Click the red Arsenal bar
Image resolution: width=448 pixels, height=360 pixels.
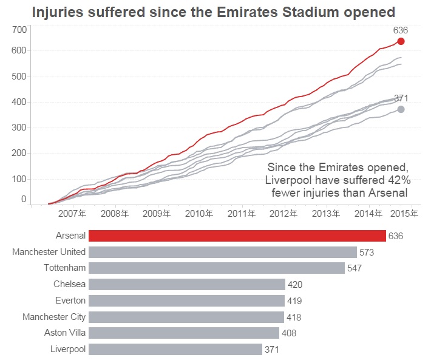(x=237, y=236)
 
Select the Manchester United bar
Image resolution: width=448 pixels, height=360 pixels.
(x=222, y=252)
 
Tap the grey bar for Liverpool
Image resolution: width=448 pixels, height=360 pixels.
(x=175, y=349)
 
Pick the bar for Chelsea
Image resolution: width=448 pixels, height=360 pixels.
(x=187, y=284)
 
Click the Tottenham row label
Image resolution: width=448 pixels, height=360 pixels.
(x=64, y=268)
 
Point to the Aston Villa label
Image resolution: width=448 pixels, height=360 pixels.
(x=65, y=333)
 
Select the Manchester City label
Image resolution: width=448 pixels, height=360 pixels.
(x=54, y=317)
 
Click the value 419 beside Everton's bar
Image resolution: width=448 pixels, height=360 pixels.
(x=294, y=301)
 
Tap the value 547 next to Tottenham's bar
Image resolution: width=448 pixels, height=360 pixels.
(x=354, y=268)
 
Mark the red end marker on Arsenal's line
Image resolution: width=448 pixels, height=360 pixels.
(x=401, y=41)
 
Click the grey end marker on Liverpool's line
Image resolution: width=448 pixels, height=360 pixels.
(x=401, y=109)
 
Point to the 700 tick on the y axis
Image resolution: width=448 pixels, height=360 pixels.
(x=19, y=30)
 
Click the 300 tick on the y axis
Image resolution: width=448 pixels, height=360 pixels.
(x=19, y=127)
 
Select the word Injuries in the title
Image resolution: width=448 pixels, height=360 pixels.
(x=55, y=12)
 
